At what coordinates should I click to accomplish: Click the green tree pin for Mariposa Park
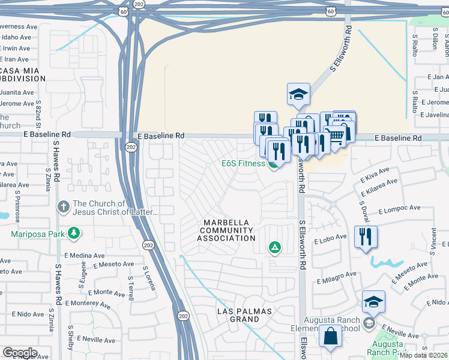74,233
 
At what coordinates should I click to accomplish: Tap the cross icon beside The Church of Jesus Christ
63,208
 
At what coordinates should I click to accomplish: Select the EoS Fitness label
243,163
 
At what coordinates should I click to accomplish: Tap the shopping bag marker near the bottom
330,337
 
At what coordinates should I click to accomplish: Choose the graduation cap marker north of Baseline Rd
298,94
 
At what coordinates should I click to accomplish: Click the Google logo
20,352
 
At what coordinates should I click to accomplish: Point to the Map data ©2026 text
423,355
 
